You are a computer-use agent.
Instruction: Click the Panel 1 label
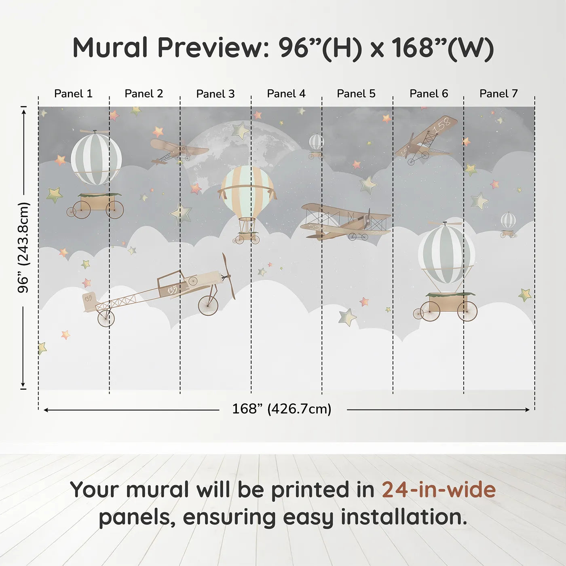pos(73,94)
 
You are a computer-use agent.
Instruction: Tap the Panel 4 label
pos(286,94)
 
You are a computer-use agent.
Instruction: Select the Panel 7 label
pos(498,94)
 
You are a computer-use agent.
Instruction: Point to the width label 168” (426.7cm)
pos(282,409)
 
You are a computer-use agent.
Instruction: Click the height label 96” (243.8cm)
pos(23,247)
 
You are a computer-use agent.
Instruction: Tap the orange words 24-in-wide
pos(439,490)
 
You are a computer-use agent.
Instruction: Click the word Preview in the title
pos(210,48)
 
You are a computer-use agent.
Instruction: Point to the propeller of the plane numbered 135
pos(228,276)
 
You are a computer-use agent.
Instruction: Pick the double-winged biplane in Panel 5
pos(346,222)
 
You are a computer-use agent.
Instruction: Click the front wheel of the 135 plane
pos(208,305)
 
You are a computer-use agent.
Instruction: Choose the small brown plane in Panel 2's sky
pos(178,150)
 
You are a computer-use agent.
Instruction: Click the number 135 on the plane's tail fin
pos(89,298)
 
